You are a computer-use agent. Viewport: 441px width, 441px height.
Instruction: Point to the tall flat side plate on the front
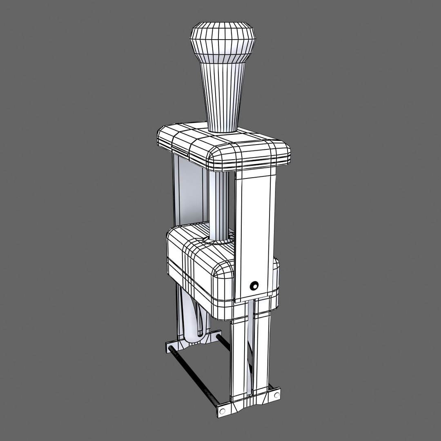tap(256, 229)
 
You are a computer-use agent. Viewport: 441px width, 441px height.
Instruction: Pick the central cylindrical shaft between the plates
tap(220, 204)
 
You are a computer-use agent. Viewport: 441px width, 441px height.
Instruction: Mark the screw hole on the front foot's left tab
tap(223, 410)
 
